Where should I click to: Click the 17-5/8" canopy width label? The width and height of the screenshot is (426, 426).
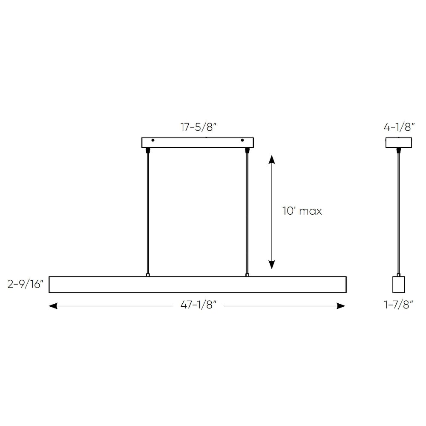pyautogui.click(x=199, y=127)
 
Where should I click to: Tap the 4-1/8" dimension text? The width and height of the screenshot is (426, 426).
pyautogui.click(x=399, y=127)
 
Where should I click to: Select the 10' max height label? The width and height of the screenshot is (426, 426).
pyautogui.click(x=302, y=211)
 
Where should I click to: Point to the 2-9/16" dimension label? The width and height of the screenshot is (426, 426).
pyautogui.click(x=26, y=284)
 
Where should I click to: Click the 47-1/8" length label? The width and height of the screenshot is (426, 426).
pyautogui.click(x=199, y=305)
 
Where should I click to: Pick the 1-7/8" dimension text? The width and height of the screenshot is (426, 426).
pyautogui.click(x=399, y=305)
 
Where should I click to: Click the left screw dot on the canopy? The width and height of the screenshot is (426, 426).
pyautogui.click(x=153, y=140)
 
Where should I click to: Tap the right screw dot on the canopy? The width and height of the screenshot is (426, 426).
pyautogui.click(x=242, y=140)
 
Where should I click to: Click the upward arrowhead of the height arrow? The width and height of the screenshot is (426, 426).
pyautogui.click(x=272, y=159)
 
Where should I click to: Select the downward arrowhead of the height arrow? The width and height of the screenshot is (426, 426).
pyautogui.click(x=272, y=265)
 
